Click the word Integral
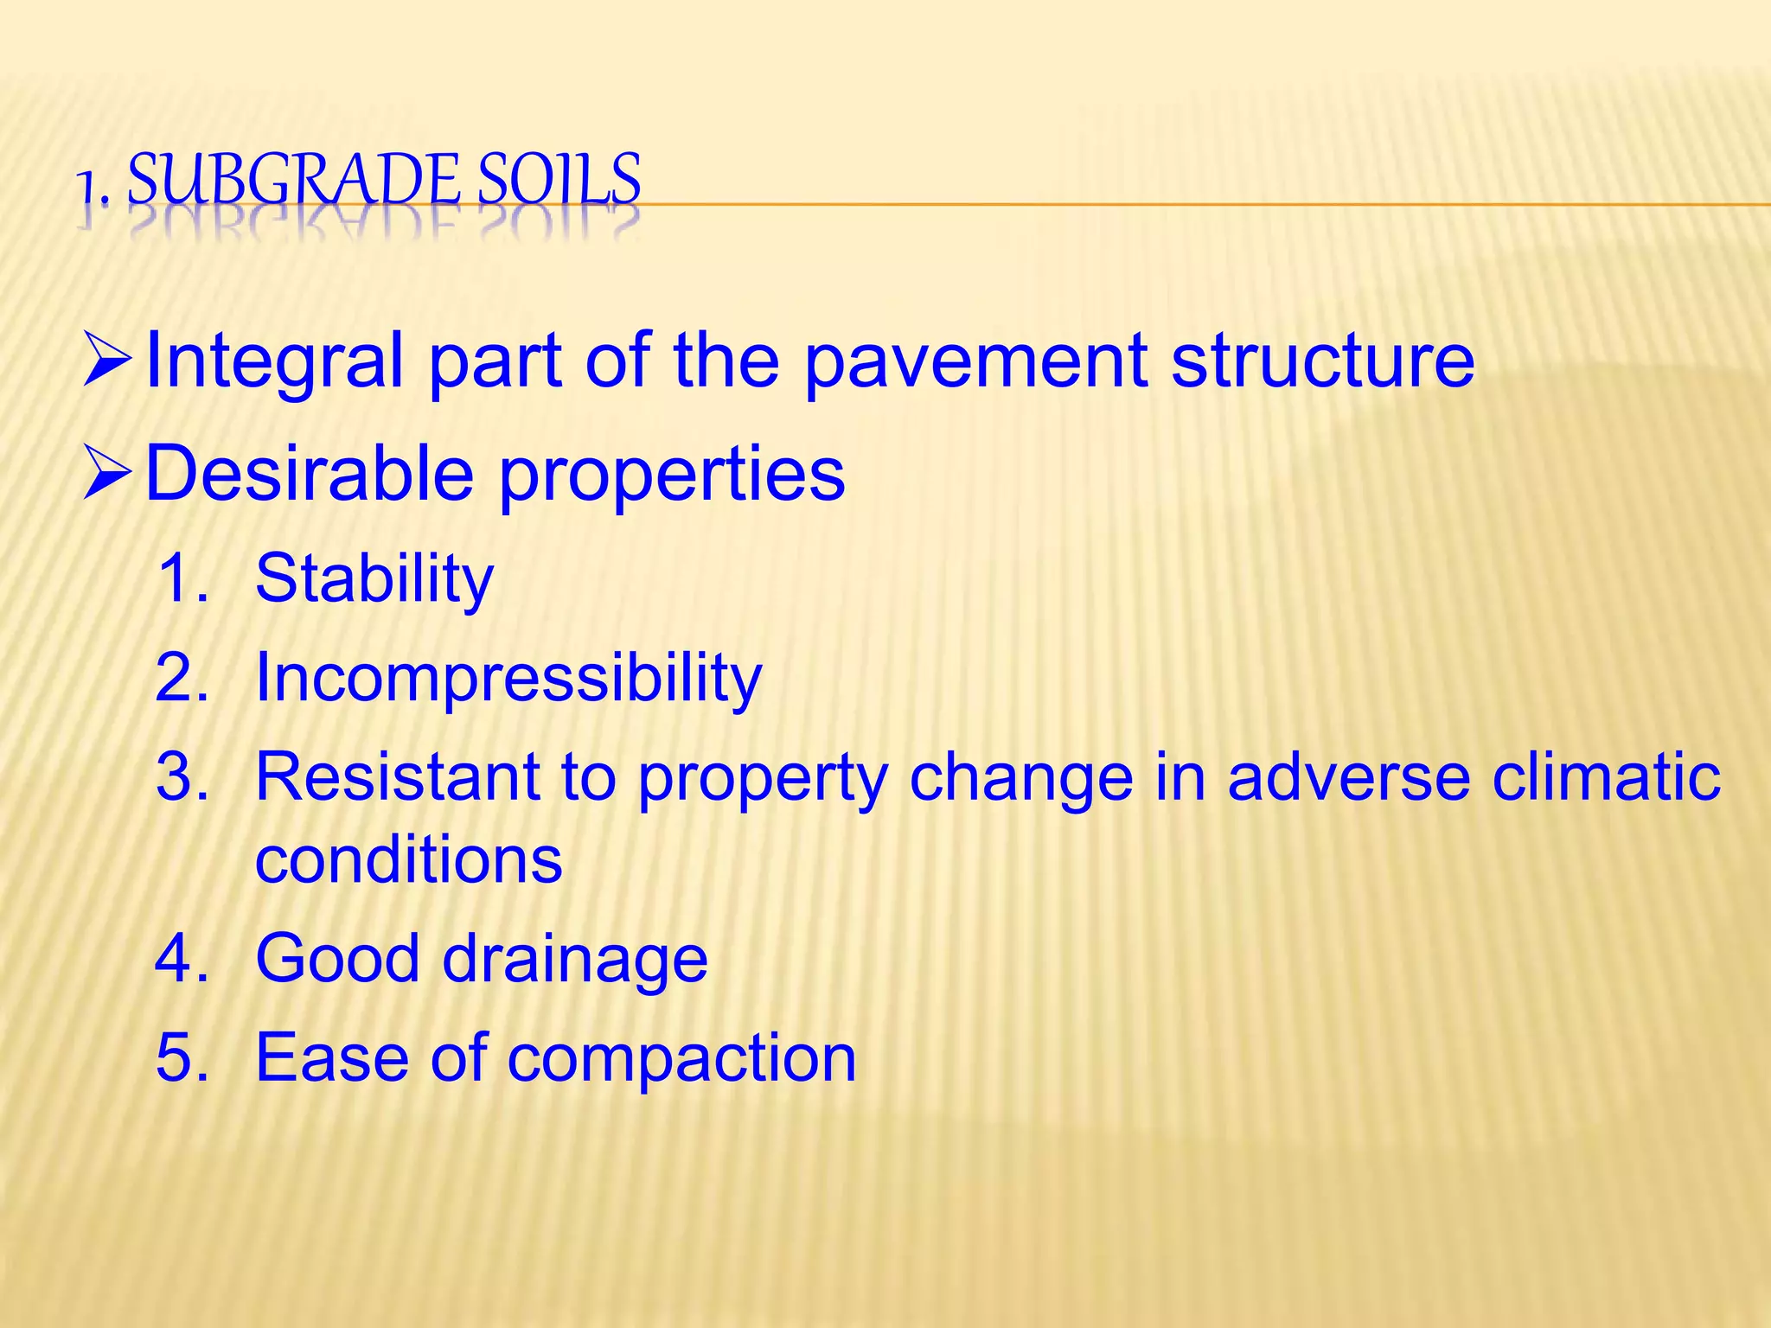(275, 361)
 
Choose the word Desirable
(310, 473)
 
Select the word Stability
(374, 580)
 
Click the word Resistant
(398, 776)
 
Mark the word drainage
(575, 961)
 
